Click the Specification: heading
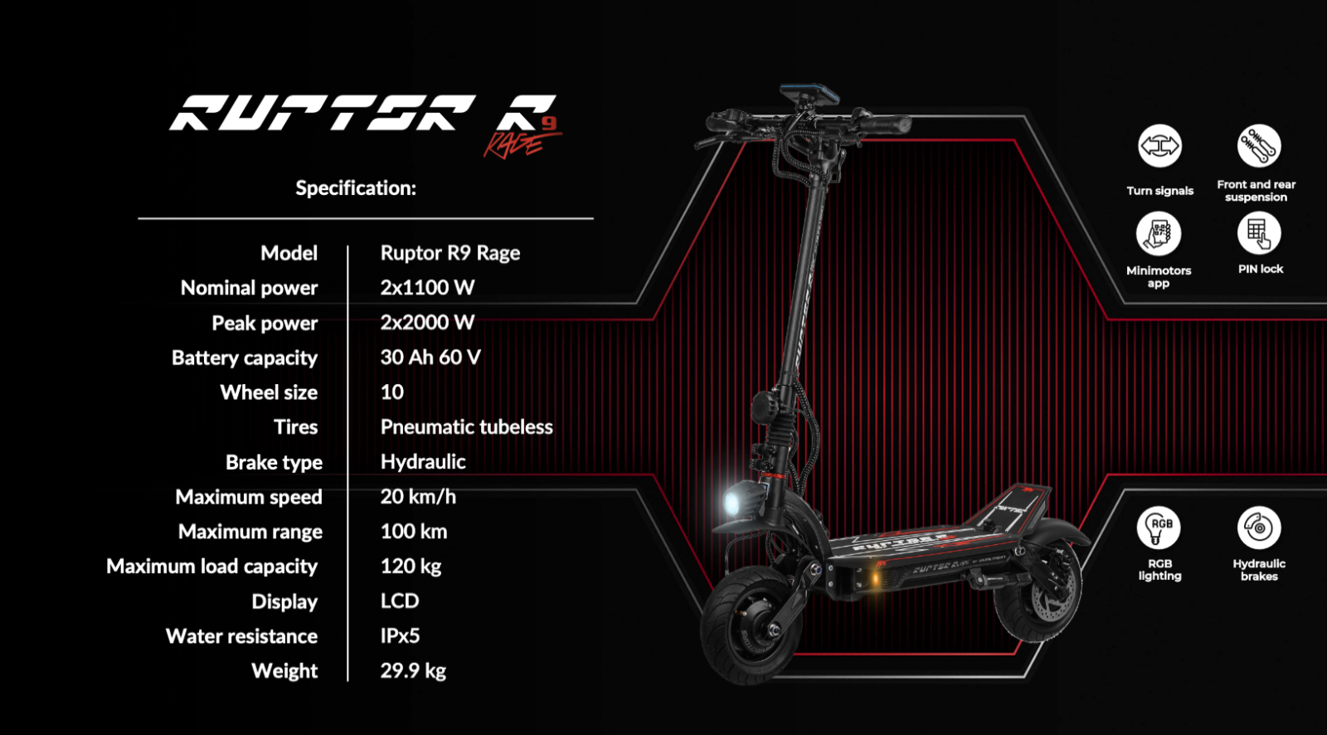[x=356, y=188]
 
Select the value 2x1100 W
[x=427, y=288]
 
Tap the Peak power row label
[x=265, y=324]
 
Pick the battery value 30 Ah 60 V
[x=430, y=358]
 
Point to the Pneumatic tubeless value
[x=466, y=427]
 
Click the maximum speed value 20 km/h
[x=418, y=497]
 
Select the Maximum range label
[x=250, y=532]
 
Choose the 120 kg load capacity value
[x=411, y=567]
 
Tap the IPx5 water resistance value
[x=400, y=636]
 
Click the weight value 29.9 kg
[x=413, y=671]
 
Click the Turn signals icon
[x=1159, y=147]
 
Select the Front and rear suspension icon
[x=1259, y=147]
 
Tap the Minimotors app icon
[x=1159, y=234]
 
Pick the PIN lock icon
[x=1259, y=234]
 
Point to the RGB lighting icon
[x=1159, y=528]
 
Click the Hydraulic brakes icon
[x=1259, y=528]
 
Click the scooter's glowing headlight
[x=734, y=501]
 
